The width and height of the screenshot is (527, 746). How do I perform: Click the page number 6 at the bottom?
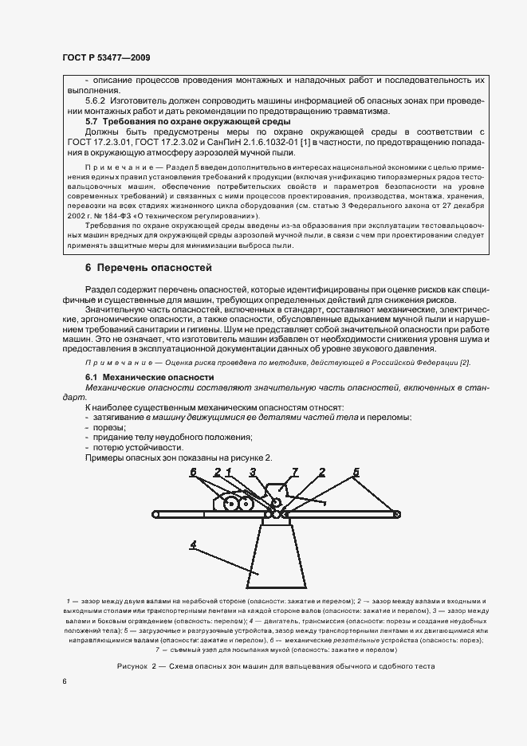point(65,681)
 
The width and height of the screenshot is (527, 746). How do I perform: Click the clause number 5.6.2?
point(97,101)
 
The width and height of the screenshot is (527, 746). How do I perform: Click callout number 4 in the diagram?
point(194,544)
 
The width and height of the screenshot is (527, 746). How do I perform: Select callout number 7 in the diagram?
point(294,472)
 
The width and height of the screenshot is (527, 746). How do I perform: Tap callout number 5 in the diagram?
point(356,471)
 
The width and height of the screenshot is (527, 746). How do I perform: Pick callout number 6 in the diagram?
point(193,472)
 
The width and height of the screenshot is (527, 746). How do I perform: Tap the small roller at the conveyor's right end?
point(396,514)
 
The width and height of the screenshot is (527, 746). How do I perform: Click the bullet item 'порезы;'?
point(102,427)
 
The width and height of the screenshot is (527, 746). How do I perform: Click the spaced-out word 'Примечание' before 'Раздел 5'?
point(117,168)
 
